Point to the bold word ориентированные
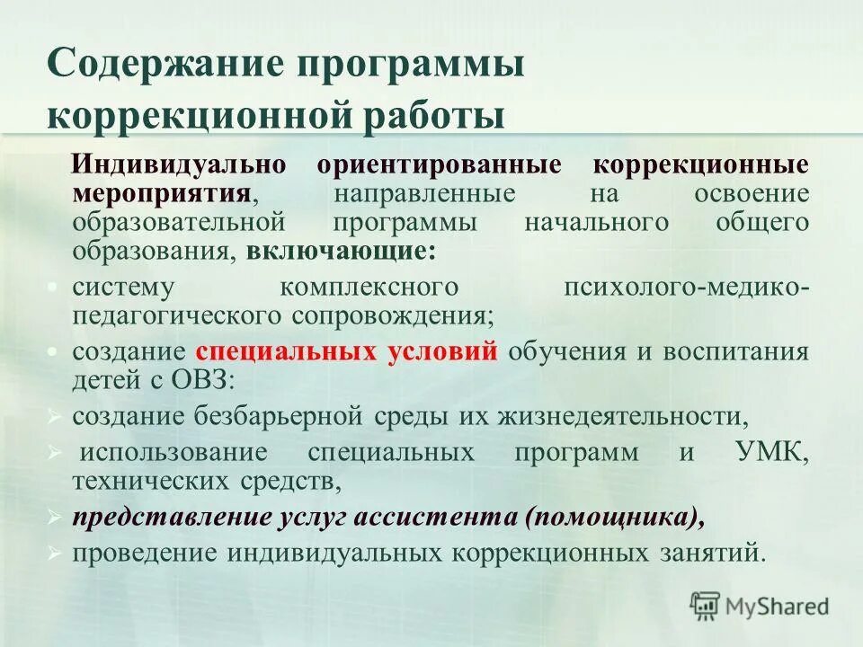(440, 165)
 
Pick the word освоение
(752, 193)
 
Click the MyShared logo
(760, 606)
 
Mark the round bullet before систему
(54, 287)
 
